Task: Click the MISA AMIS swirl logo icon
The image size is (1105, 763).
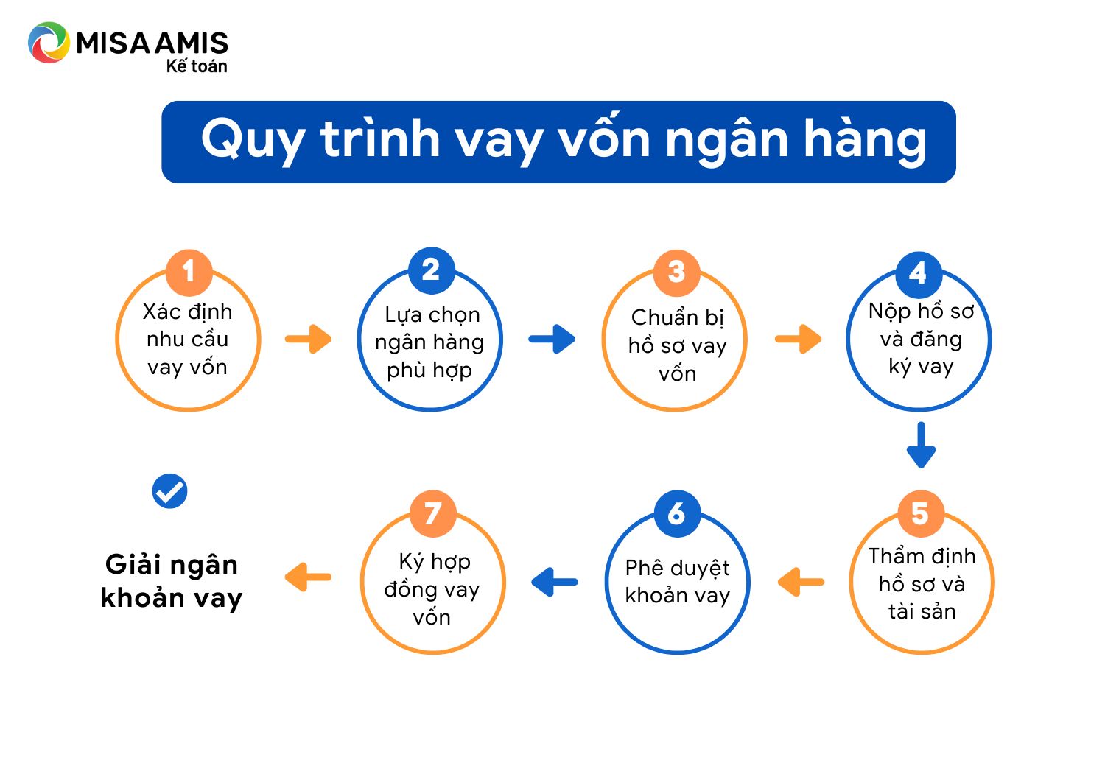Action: pyautogui.click(x=49, y=43)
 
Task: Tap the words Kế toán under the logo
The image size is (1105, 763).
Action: pyautogui.click(x=197, y=66)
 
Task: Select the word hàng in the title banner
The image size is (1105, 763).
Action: pyautogui.click(x=866, y=140)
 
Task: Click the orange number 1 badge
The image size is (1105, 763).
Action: pyautogui.click(x=189, y=272)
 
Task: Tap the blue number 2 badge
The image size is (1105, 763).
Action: pyautogui.click(x=431, y=270)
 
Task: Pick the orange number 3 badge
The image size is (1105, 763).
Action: pyautogui.click(x=676, y=272)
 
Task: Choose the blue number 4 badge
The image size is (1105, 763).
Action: pyautogui.click(x=919, y=274)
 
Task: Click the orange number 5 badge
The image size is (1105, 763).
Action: pyautogui.click(x=921, y=513)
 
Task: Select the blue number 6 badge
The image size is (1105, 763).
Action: pyautogui.click(x=677, y=513)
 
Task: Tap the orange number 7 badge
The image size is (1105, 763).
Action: pyautogui.click(x=432, y=513)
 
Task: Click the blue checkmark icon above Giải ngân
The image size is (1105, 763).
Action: pyautogui.click(x=169, y=490)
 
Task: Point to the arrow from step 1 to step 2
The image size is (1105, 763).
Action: pyautogui.click(x=309, y=339)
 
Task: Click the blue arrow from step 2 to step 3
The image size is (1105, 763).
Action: pyautogui.click(x=552, y=339)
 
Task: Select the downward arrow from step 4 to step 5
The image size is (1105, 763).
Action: pyautogui.click(x=921, y=444)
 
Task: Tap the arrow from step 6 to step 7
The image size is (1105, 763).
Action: pyautogui.click(x=555, y=582)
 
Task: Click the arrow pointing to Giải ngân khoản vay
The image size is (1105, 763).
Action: pyautogui.click(x=308, y=577)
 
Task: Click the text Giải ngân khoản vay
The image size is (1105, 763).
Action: pyautogui.click(x=172, y=582)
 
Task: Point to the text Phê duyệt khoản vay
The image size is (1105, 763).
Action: pyautogui.click(x=677, y=582)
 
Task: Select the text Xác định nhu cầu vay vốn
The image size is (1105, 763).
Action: pyautogui.click(x=187, y=340)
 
